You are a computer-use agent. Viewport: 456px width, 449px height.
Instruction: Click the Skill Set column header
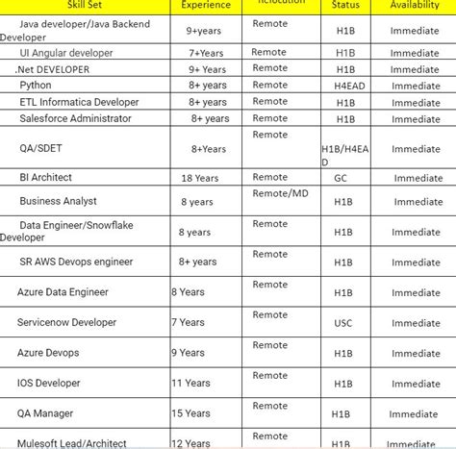point(72,6)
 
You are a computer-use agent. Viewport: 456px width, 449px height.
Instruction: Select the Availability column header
point(416,6)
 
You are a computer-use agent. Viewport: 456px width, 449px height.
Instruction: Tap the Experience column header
point(206,6)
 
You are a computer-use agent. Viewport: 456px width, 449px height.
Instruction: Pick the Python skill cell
point(36,86)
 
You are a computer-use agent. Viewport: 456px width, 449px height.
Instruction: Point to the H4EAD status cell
point(343,86)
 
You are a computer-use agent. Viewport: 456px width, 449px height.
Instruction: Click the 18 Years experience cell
point(199,178)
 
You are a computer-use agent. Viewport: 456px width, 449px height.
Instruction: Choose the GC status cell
point(342,178)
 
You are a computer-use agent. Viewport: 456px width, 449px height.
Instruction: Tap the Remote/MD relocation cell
point(280,193)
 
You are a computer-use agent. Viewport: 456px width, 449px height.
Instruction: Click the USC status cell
point(343,323)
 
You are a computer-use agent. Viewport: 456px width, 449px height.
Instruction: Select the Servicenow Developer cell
point(66,323)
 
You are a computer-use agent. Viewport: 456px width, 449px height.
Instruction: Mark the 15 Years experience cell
point(190,413)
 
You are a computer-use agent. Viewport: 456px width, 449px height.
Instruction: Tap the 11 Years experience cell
point(190,383)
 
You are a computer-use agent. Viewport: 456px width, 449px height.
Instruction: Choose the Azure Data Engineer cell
point(63,291)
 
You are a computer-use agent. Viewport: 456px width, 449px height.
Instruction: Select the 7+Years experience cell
point(206,53)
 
